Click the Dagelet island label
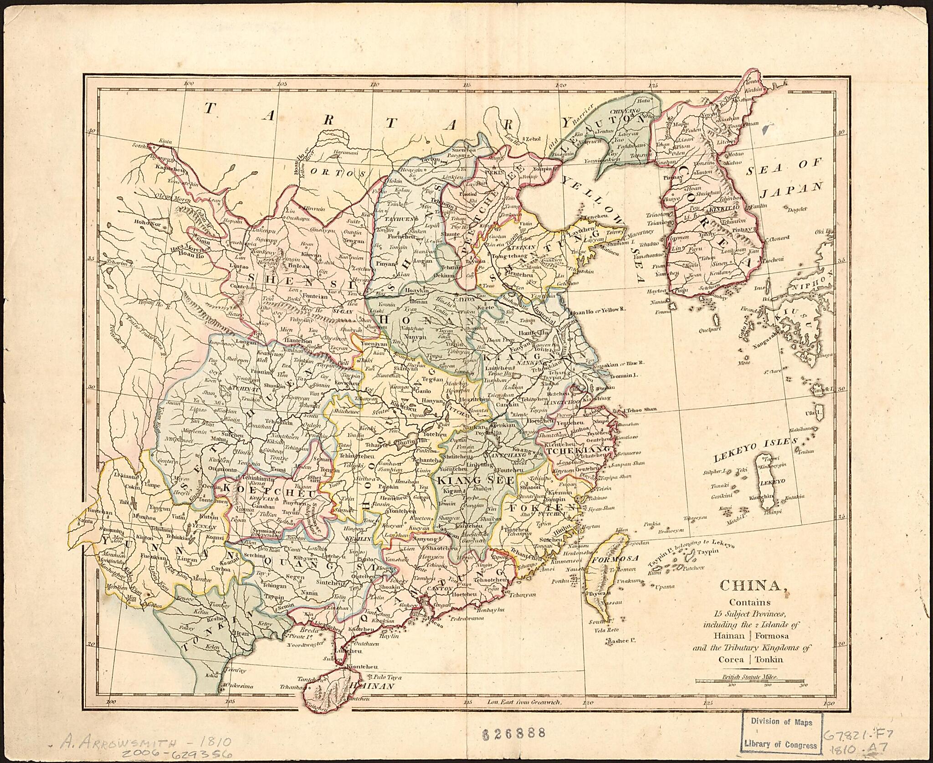click(x=796, y=209)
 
